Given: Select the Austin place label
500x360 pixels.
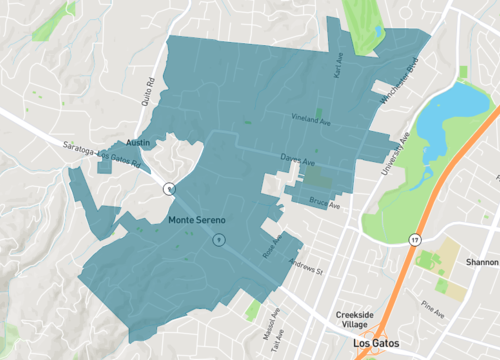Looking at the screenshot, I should [139, 144].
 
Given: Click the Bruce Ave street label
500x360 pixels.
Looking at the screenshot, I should [325, 204].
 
